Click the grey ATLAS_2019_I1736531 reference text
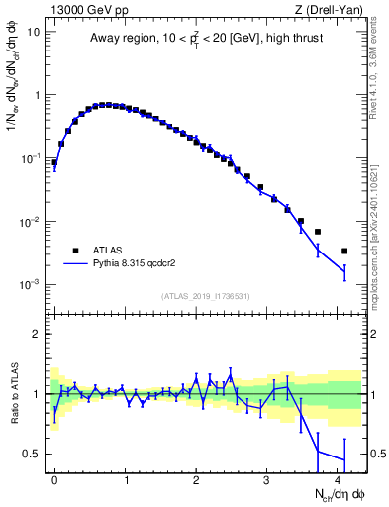[205, 296]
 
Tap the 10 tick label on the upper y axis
[34, 32]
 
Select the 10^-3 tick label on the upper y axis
[32, 284]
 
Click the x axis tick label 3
[266, 478]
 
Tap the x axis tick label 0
[54, 478]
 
